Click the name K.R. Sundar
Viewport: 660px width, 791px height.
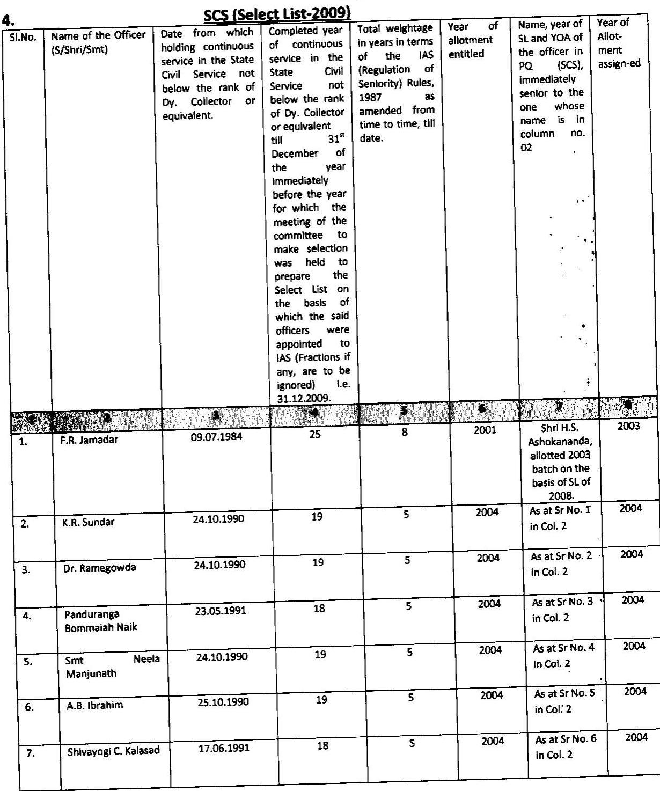(x=88, y=522)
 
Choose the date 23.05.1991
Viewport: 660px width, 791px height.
(x=221, y=611)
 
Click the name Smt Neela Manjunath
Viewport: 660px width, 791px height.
(x=113, y=666)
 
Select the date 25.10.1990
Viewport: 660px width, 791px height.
(x=223, y=702)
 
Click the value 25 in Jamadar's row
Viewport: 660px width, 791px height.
(x=315, y=434)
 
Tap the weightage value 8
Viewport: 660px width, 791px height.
(x=405, y=432)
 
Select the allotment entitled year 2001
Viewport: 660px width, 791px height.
(x=485, y=429)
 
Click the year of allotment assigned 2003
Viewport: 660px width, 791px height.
(x=628, y=427)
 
